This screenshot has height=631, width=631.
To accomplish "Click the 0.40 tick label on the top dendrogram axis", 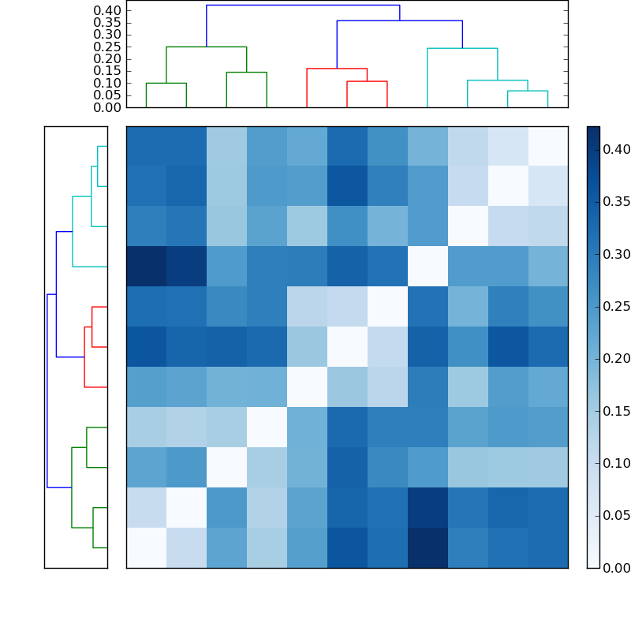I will [x=108, y=10].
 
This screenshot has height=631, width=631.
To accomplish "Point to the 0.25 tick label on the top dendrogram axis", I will [x=108, y=47].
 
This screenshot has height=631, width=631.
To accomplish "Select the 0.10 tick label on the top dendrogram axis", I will [x=108, y=83].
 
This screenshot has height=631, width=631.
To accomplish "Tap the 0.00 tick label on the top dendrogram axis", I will [x=108, y=107].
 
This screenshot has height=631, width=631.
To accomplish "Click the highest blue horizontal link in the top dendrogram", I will [x=303, y=6].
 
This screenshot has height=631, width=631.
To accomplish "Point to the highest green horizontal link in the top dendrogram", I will [x=206, y=47].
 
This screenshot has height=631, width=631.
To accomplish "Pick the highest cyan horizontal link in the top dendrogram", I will [x=462, y=49].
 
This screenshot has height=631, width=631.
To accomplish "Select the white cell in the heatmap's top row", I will [x=547, y=146].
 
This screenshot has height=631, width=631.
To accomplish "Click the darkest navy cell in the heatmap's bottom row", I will [x=427, y=547].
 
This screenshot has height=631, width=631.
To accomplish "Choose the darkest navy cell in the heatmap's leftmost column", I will [x=146, y=267].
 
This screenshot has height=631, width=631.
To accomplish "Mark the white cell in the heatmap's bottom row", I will [x=146, y=547].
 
